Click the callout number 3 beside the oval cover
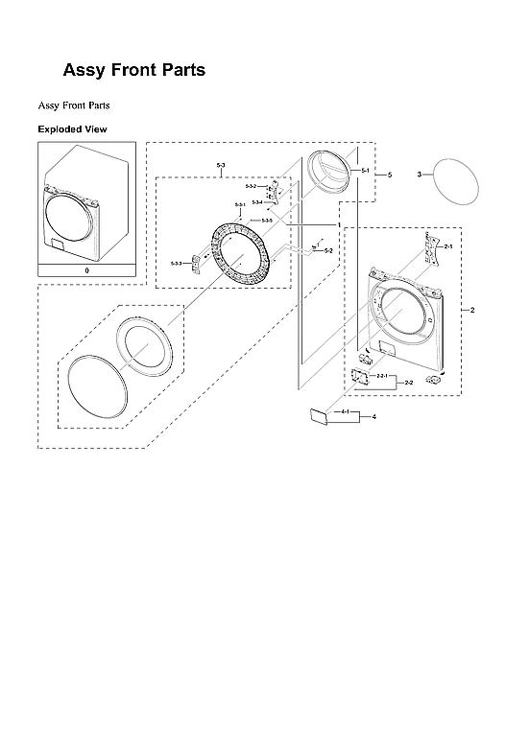coord(420,175)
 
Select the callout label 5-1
coord(365,170)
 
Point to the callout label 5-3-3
coord(176,263)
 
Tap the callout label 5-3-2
coord(251,186)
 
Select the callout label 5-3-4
coord(256,201)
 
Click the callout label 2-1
coord(447,246)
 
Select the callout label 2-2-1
coord(381,375)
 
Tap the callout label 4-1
coord(345,411)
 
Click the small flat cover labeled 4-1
coord(318,416)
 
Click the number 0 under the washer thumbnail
coord(86,271)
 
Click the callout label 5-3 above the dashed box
coord(221,167)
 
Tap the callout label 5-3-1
coord(240,205)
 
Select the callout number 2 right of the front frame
coord(471,311)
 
